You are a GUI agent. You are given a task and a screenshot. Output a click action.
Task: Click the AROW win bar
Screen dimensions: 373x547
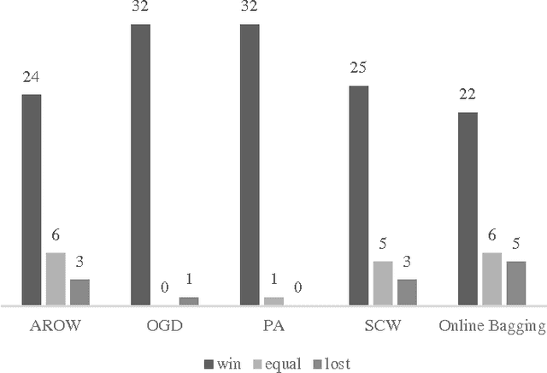tap(32, 199)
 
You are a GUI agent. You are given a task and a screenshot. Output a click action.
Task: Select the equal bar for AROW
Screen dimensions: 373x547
tap(56, 279)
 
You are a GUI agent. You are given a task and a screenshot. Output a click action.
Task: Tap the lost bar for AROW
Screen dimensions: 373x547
tap(79, 292)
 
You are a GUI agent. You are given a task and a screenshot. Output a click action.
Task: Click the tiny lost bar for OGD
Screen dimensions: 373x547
tap(189, 301)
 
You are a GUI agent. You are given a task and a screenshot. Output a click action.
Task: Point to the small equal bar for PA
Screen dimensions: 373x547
tap(273, 301)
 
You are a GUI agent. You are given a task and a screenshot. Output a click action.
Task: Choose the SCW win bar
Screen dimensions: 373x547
tap(359, 195)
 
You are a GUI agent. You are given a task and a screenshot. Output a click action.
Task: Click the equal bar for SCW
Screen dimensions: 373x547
tap(383, 283)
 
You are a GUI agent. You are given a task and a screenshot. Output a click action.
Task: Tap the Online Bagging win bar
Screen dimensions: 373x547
tap(468, 209)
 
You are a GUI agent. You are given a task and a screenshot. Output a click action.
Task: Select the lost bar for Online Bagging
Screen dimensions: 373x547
tap(515, 283)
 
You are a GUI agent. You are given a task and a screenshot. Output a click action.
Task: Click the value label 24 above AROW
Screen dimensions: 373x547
tap(32, 78)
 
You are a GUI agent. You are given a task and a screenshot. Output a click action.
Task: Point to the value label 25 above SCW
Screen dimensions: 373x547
tap(359, 69)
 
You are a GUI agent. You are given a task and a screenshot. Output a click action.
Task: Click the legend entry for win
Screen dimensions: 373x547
tap(223, 364)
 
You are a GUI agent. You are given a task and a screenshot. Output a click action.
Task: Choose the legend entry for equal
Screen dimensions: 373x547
tap(277, 364)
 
